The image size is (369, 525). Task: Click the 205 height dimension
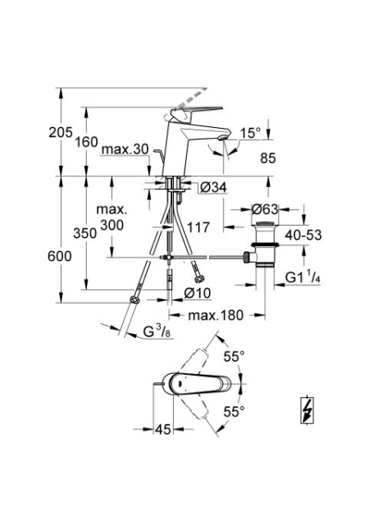click(61, 132)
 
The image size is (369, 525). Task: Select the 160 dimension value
click(86, 142)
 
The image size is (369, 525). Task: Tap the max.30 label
click(125, 149)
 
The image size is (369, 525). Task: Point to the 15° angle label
click(250, 133)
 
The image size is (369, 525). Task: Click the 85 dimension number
click(268, 158)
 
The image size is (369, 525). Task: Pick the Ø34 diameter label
click(213, 188)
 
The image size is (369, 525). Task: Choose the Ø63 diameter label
click(265, 209)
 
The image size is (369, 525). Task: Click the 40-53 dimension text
click(303, 235)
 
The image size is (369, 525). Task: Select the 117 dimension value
click(198, 227)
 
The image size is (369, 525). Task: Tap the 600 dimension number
click(60, 257)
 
